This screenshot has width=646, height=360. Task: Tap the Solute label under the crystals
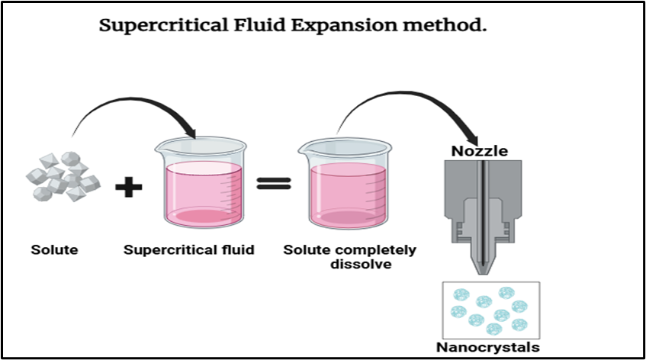[x=54, y=249]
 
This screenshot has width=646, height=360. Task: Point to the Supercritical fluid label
[x=188, y=249]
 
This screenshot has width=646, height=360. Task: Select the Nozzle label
[x=479, y=151]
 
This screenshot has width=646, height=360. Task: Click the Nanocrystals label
[x=487, y=348]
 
